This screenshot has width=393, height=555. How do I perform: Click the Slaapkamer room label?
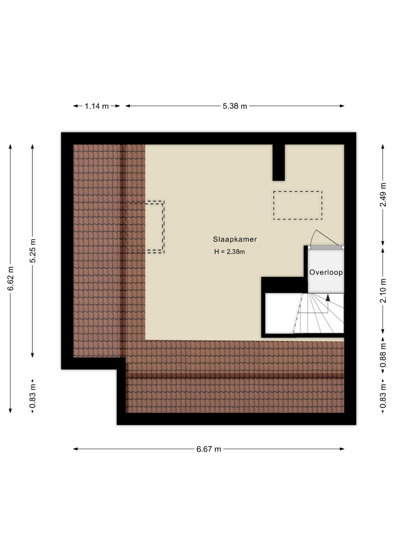coord(235,239)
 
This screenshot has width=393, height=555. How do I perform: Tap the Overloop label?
coord(326,272)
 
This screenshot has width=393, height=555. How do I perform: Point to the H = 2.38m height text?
coord(229,252)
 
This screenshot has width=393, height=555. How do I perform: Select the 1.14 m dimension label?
coord(97,106)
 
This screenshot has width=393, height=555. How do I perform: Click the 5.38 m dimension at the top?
coord(235,106)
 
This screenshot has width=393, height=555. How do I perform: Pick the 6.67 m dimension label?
coord(209,449)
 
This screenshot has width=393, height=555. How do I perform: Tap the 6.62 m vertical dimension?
coord(11,279)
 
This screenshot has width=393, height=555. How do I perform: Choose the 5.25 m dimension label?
coord(33,251)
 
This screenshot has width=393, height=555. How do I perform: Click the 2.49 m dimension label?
coord(383,195)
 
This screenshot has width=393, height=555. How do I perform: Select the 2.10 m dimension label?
coord(383,291)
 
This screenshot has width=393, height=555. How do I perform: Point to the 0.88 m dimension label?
coord(383,355)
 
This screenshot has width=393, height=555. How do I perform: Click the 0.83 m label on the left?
coord(33,396)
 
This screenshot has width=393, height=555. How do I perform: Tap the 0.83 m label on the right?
coord(383,396)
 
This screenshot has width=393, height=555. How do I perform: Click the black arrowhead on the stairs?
coord(328,298)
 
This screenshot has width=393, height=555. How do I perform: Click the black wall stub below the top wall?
coord(278,162)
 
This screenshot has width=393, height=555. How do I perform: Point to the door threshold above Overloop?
coord(326,247)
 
